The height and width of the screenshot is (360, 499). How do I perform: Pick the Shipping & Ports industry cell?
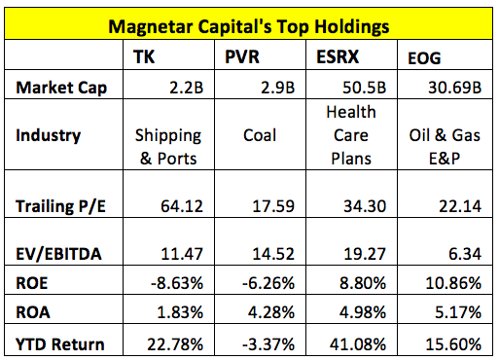pos(174,146)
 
